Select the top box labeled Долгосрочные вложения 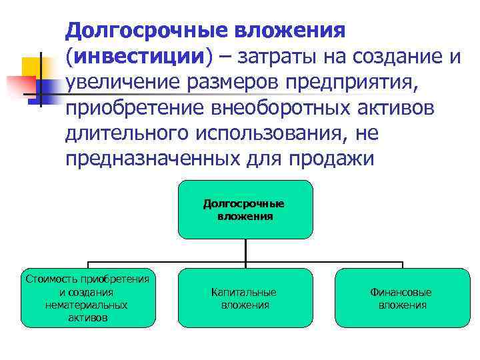tap(245, 209)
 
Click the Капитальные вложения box tap(245, 298)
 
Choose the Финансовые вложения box tap(402, 298)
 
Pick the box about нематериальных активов tap(86, 298)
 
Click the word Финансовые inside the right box tap(401, 292)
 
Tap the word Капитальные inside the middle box tap(244, 292)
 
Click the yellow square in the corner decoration tap(32, 67)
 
